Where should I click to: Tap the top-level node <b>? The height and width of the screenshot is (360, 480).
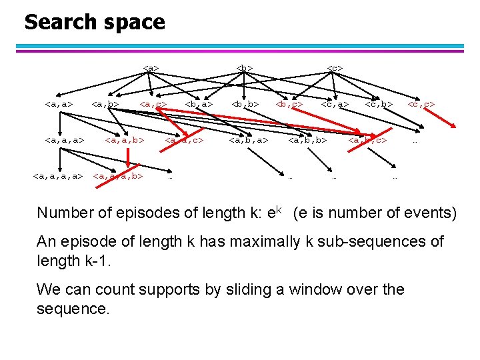tap(245, 67)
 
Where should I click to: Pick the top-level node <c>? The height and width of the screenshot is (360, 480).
tap(335, 67)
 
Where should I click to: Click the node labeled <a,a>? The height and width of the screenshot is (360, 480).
tap(59, 104)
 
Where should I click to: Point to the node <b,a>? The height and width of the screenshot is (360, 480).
tap(199, 104)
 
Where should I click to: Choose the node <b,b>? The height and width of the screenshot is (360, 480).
tap(245, 104)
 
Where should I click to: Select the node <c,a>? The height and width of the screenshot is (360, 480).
tap(335, 104)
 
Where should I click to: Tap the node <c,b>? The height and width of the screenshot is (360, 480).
tap(379, 104)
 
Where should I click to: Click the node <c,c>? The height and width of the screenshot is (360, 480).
tap(421, 104)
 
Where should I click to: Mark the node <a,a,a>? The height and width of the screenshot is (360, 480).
tap(64, 140)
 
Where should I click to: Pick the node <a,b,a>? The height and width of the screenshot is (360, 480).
tap(248, 140)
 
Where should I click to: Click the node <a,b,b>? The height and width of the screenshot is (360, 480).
tap(307, 140)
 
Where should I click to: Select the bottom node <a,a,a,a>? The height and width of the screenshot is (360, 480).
tap(58, 177)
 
